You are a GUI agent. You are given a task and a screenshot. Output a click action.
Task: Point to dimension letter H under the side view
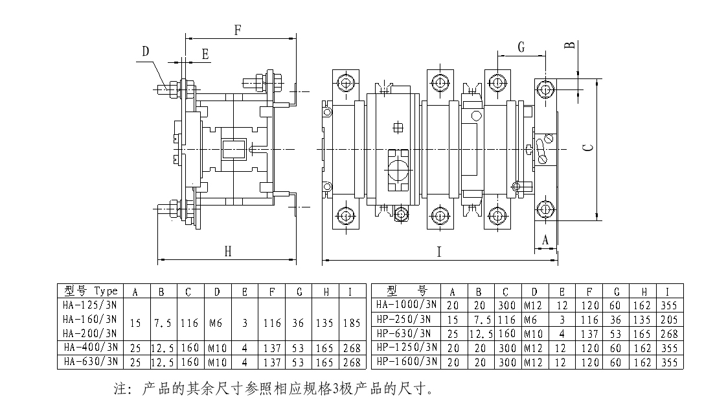pos(227,252)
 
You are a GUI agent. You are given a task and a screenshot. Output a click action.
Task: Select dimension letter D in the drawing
pos(146,51)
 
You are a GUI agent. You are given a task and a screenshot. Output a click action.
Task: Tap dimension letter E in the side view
pos(205,54)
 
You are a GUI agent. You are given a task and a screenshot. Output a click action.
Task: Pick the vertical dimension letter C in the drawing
pos(587,148)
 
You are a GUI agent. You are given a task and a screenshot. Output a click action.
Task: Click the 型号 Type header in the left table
pos(88,291)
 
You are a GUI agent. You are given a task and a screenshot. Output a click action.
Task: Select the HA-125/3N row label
pos(89,305)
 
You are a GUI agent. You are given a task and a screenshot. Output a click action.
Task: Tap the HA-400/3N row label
pos(89,348)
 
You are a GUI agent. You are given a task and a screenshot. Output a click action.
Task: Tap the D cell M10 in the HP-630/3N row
pos(534,333)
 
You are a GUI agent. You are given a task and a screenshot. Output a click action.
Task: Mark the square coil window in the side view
pos(233,149)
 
